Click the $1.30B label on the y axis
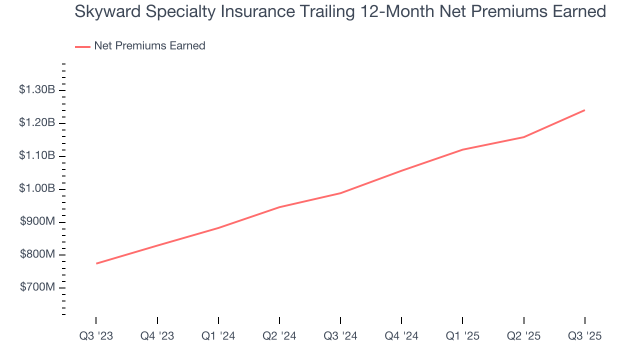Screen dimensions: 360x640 pos(37,90)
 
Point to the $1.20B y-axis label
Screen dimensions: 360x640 pos(37,123)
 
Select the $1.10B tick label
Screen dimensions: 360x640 pos(37,156)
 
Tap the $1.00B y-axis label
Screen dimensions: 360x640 pos(37,189)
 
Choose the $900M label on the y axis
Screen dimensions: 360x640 pos(38,222)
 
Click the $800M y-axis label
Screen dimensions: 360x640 pos(38,255)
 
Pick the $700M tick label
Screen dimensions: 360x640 pos(38,288)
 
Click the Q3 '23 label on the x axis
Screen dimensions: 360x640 pos(96,336)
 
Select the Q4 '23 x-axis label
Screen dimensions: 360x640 pos(157,336)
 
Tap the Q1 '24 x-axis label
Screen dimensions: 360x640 pos(218,336)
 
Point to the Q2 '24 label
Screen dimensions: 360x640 pos(279,336)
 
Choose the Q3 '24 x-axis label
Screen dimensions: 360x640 pos(340,336)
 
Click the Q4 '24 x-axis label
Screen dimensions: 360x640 pos(401,336)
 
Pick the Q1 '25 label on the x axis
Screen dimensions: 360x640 pos(462,336)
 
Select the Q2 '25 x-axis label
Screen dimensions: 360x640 pos(523,336)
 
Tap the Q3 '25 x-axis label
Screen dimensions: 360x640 pos(584,336)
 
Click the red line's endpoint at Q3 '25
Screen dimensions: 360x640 pos(584,110)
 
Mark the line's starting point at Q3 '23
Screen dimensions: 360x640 pos(96,263)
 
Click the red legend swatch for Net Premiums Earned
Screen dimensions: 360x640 pos(82,46)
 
